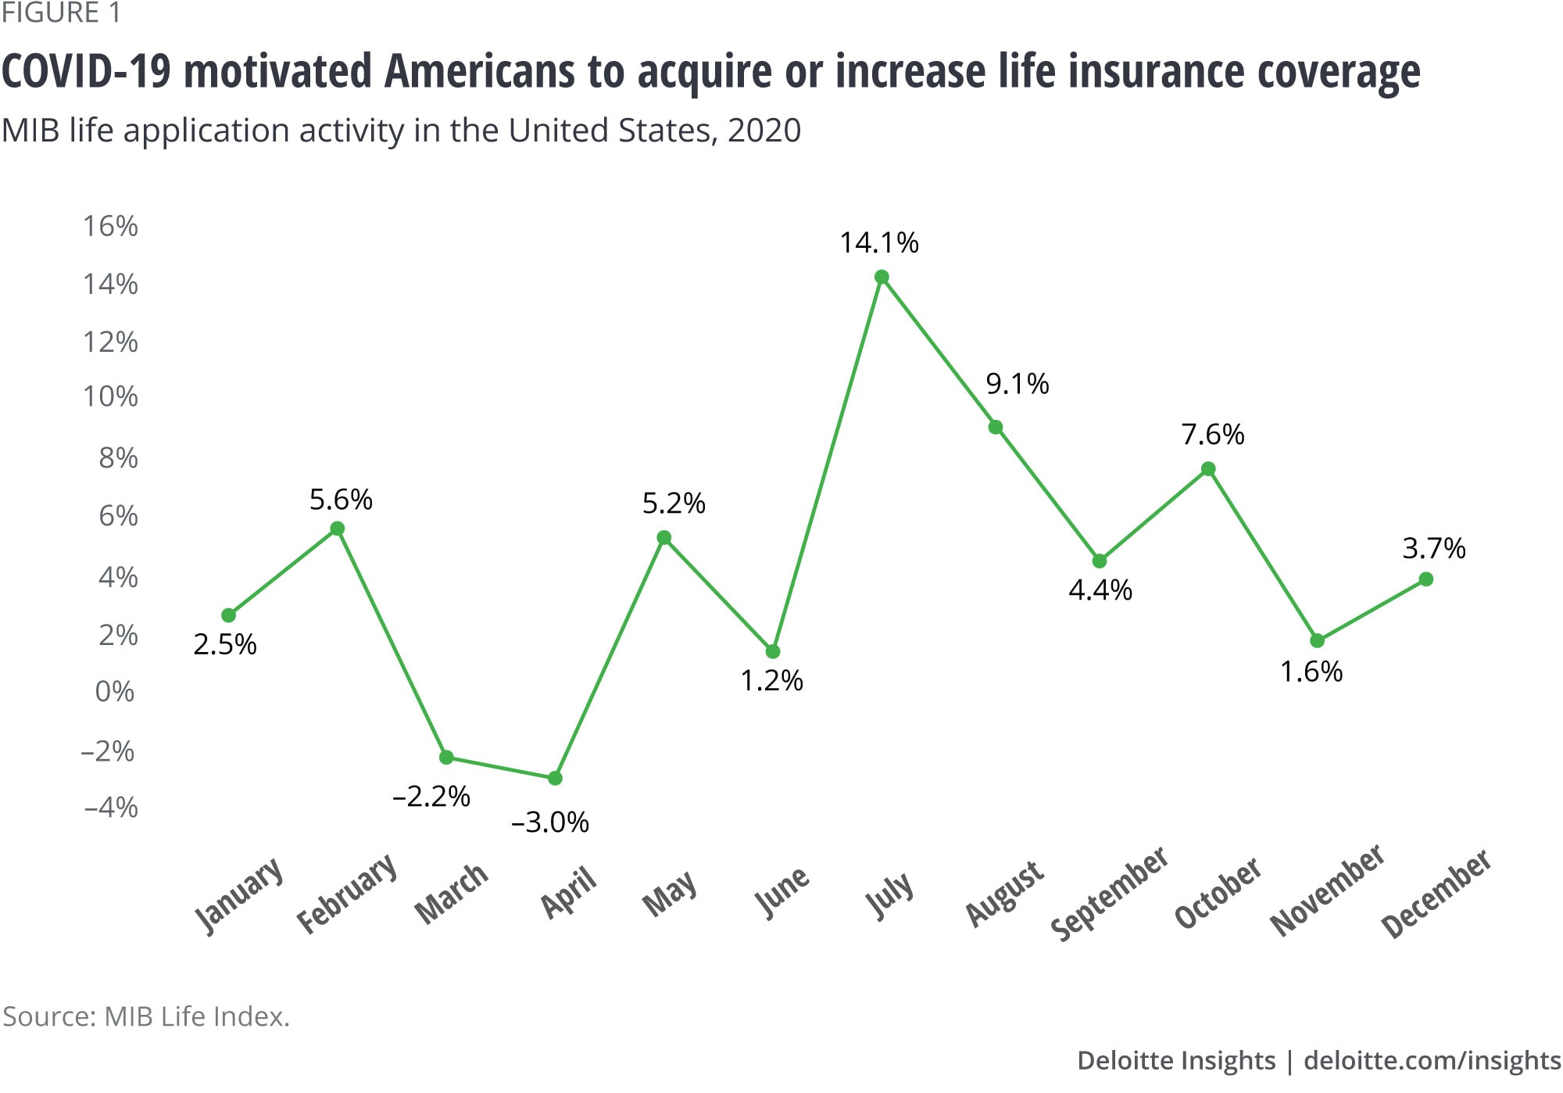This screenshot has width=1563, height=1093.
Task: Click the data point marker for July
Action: click(882, 277)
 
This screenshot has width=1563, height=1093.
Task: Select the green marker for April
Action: click(555, 778)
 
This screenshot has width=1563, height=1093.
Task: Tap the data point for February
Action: click(338, 529)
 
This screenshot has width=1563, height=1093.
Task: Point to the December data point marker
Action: click(1425, 579)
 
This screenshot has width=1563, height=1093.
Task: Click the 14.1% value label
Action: click(879, 242)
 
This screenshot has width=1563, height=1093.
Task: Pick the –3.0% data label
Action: click(550, 822)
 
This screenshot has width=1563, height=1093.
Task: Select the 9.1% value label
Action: click(1018, 383)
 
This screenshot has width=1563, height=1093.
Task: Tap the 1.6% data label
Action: click(1311, 671)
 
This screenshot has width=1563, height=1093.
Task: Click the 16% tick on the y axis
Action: click(110, 226)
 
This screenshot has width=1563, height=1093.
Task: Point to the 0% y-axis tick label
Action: click(115, 691)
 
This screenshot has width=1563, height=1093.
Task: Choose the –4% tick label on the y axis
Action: click(110, 806)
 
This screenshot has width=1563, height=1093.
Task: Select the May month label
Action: click(669, 892)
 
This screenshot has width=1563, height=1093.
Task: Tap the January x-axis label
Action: click(238, 895)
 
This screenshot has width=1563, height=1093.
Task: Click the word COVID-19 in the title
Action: click(87, 71)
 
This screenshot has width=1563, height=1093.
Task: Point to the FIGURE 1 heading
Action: click(61, 13)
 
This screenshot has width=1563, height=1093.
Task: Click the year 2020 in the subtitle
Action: click(764, 131)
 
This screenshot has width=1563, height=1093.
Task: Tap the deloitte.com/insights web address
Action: click(1432, 1060)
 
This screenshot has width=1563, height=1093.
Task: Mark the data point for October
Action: click(1208, 469)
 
